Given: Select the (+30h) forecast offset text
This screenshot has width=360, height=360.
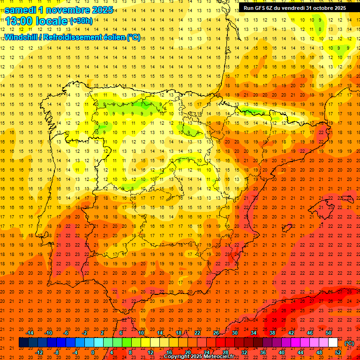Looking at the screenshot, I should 81,21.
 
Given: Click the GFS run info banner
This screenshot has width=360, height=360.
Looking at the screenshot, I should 295,8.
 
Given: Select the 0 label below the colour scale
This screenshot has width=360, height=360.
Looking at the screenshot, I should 93,352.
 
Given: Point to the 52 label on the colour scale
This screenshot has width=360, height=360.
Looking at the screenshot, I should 337,352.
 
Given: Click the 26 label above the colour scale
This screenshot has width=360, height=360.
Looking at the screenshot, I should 216,333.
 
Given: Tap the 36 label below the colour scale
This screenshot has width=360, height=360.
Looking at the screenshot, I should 262,352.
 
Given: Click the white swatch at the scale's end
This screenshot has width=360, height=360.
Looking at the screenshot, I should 333,343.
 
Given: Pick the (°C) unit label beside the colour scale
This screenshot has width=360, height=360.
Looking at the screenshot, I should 349,343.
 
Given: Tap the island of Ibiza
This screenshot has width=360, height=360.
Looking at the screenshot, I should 287,228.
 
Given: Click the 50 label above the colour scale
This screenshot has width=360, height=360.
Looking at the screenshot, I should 328,333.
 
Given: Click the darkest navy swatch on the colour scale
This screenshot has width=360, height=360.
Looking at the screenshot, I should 23,343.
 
